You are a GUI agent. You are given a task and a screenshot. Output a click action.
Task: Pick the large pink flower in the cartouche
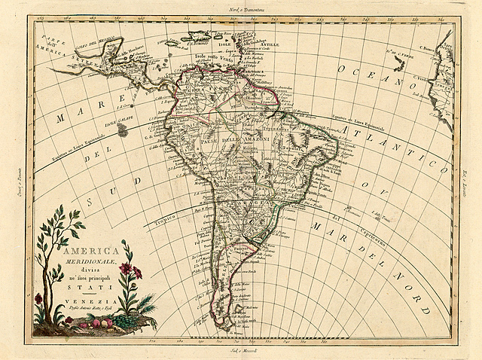point(127,269)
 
